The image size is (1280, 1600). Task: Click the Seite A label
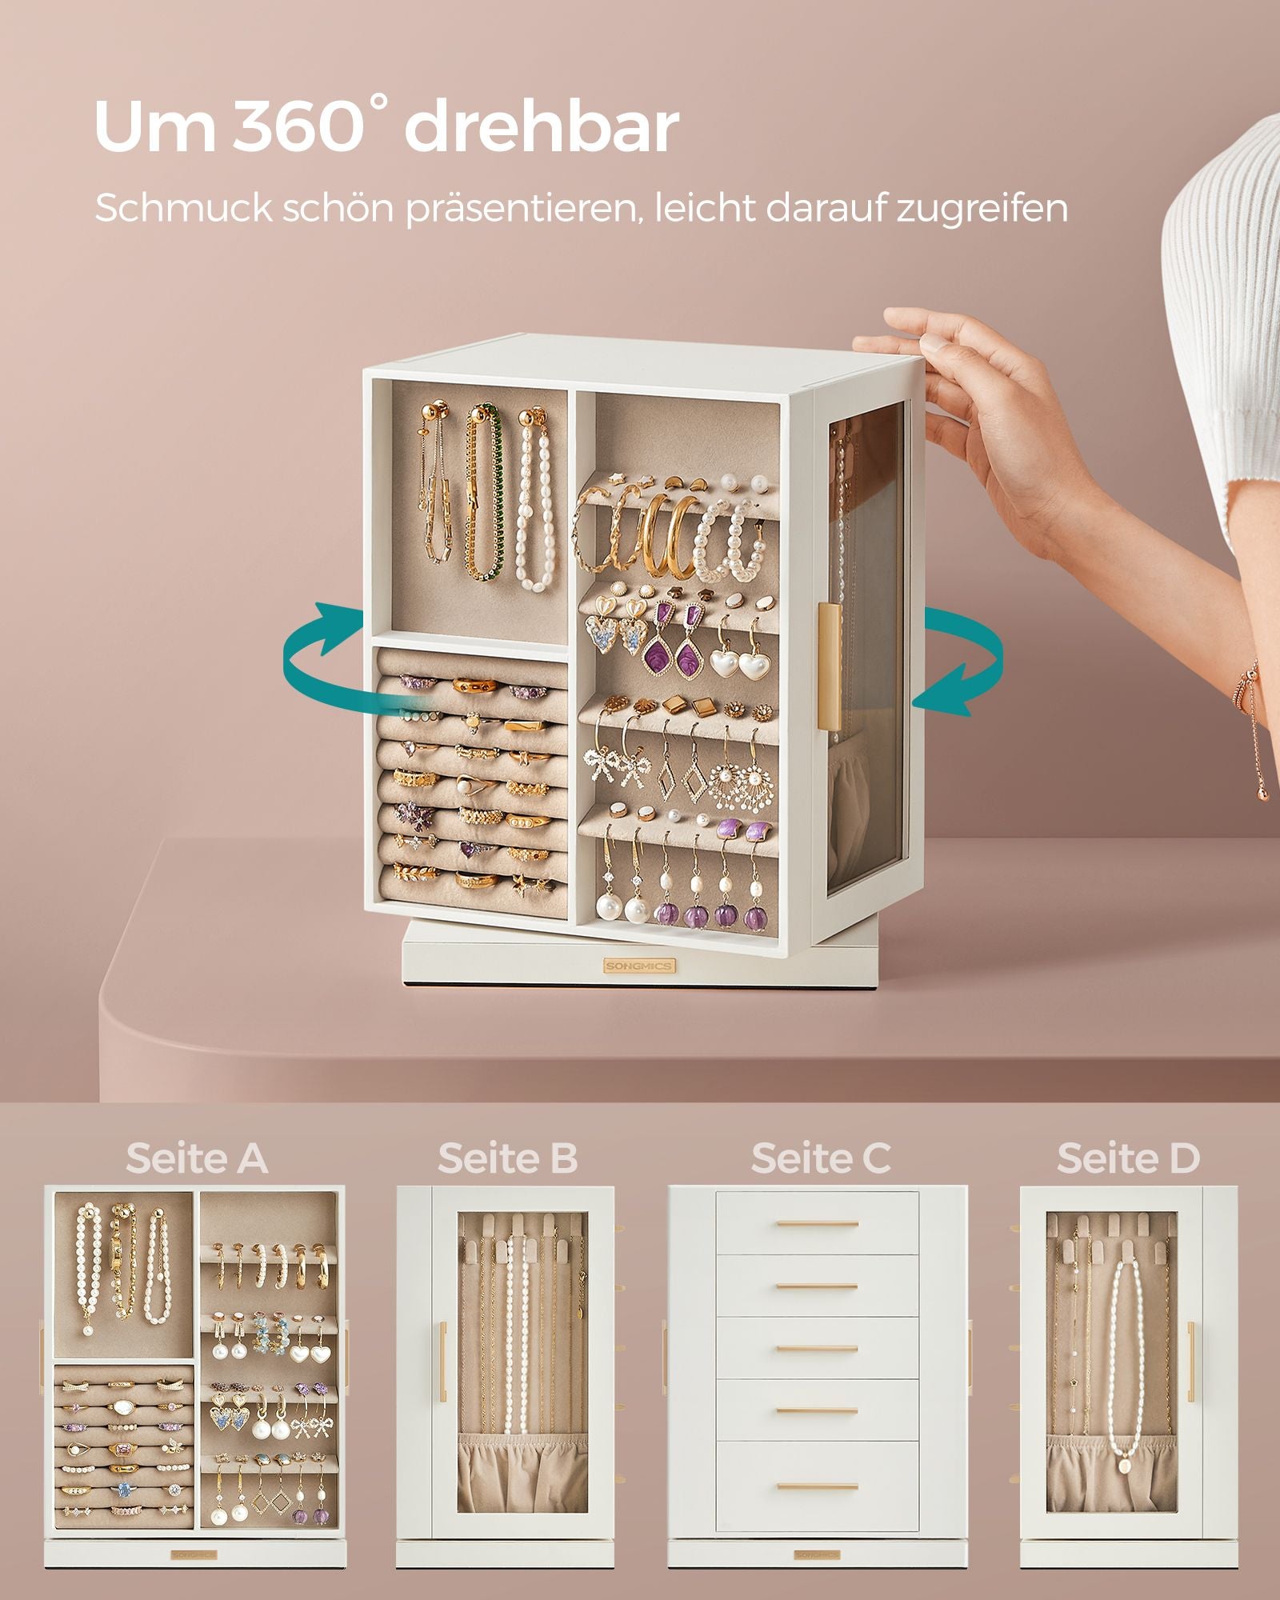(196, 1158)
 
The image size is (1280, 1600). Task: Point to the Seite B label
(507, 1158)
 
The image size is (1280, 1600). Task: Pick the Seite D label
(1128, 1158)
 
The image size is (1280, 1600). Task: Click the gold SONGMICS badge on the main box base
(638, 966)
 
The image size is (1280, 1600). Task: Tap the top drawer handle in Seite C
(817, 1224)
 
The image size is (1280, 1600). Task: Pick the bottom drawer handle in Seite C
(817, 1487)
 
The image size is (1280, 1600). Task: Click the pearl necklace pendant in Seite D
(1125, 1465)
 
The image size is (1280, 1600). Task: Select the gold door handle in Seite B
(442, 1361)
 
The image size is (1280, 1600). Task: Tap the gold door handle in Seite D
(1190, 1361)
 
